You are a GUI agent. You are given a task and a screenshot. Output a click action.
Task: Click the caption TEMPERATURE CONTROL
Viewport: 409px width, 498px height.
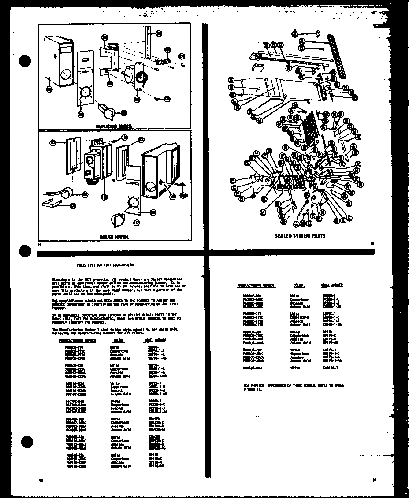[114, 126]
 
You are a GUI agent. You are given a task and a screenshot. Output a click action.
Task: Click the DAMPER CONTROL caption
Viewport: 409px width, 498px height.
[114, 237]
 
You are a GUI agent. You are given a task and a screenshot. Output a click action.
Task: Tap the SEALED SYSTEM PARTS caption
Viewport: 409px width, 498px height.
[300, 236]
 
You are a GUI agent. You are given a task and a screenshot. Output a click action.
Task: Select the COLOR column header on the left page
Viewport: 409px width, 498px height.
[118, 341]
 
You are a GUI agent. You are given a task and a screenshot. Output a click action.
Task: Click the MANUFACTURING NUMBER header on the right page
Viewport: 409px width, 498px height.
[256, 286]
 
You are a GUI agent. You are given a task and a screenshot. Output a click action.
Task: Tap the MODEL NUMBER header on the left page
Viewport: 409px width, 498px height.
[154, 341]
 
